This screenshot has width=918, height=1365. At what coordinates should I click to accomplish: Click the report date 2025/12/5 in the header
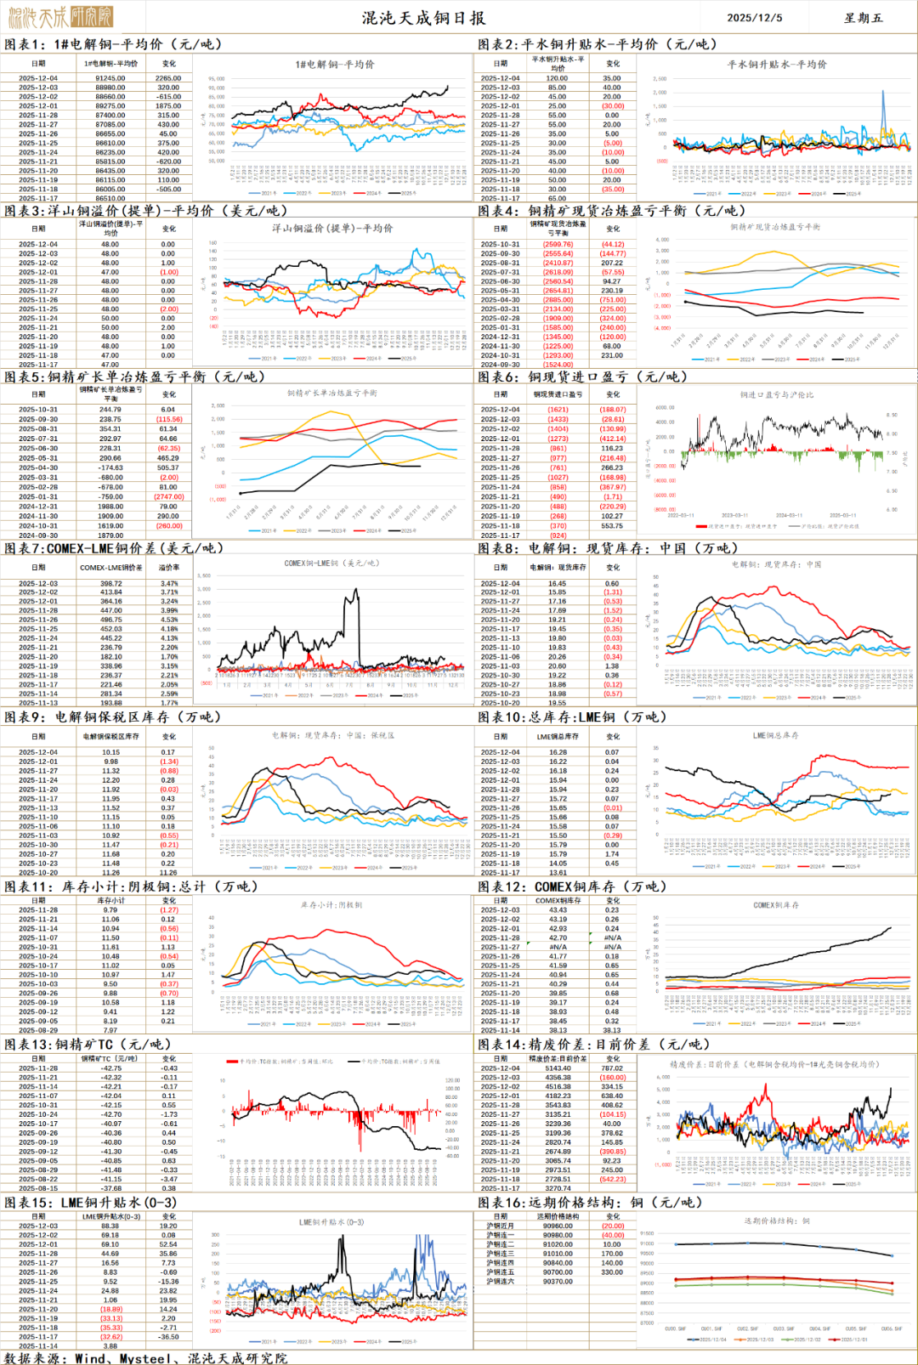755,18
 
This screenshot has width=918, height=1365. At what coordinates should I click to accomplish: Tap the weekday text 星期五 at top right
863,18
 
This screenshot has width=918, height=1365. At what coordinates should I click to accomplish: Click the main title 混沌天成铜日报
423,18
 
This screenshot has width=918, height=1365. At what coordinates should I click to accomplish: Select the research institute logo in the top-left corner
59,16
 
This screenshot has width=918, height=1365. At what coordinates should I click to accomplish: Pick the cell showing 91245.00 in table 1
110,78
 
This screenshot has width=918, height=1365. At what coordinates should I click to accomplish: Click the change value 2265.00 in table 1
168,78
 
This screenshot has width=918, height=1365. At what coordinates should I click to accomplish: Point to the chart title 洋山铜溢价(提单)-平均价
332,229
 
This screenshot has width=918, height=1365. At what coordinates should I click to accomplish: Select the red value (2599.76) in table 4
558,244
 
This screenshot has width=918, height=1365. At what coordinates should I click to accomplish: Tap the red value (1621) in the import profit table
558,410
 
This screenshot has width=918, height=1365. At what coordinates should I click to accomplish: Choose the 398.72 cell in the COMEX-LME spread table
110,584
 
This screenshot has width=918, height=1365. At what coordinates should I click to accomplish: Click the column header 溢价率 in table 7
169,567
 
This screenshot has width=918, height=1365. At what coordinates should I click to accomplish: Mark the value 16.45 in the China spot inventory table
558,584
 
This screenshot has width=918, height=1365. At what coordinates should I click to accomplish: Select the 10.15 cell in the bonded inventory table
110,752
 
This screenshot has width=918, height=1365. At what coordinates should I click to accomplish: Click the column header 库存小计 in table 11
110,901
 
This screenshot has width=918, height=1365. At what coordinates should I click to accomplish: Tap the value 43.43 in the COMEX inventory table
558,910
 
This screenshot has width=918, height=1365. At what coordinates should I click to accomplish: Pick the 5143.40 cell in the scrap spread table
558,1068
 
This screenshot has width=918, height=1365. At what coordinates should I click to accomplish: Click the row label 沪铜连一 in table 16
500,1236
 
